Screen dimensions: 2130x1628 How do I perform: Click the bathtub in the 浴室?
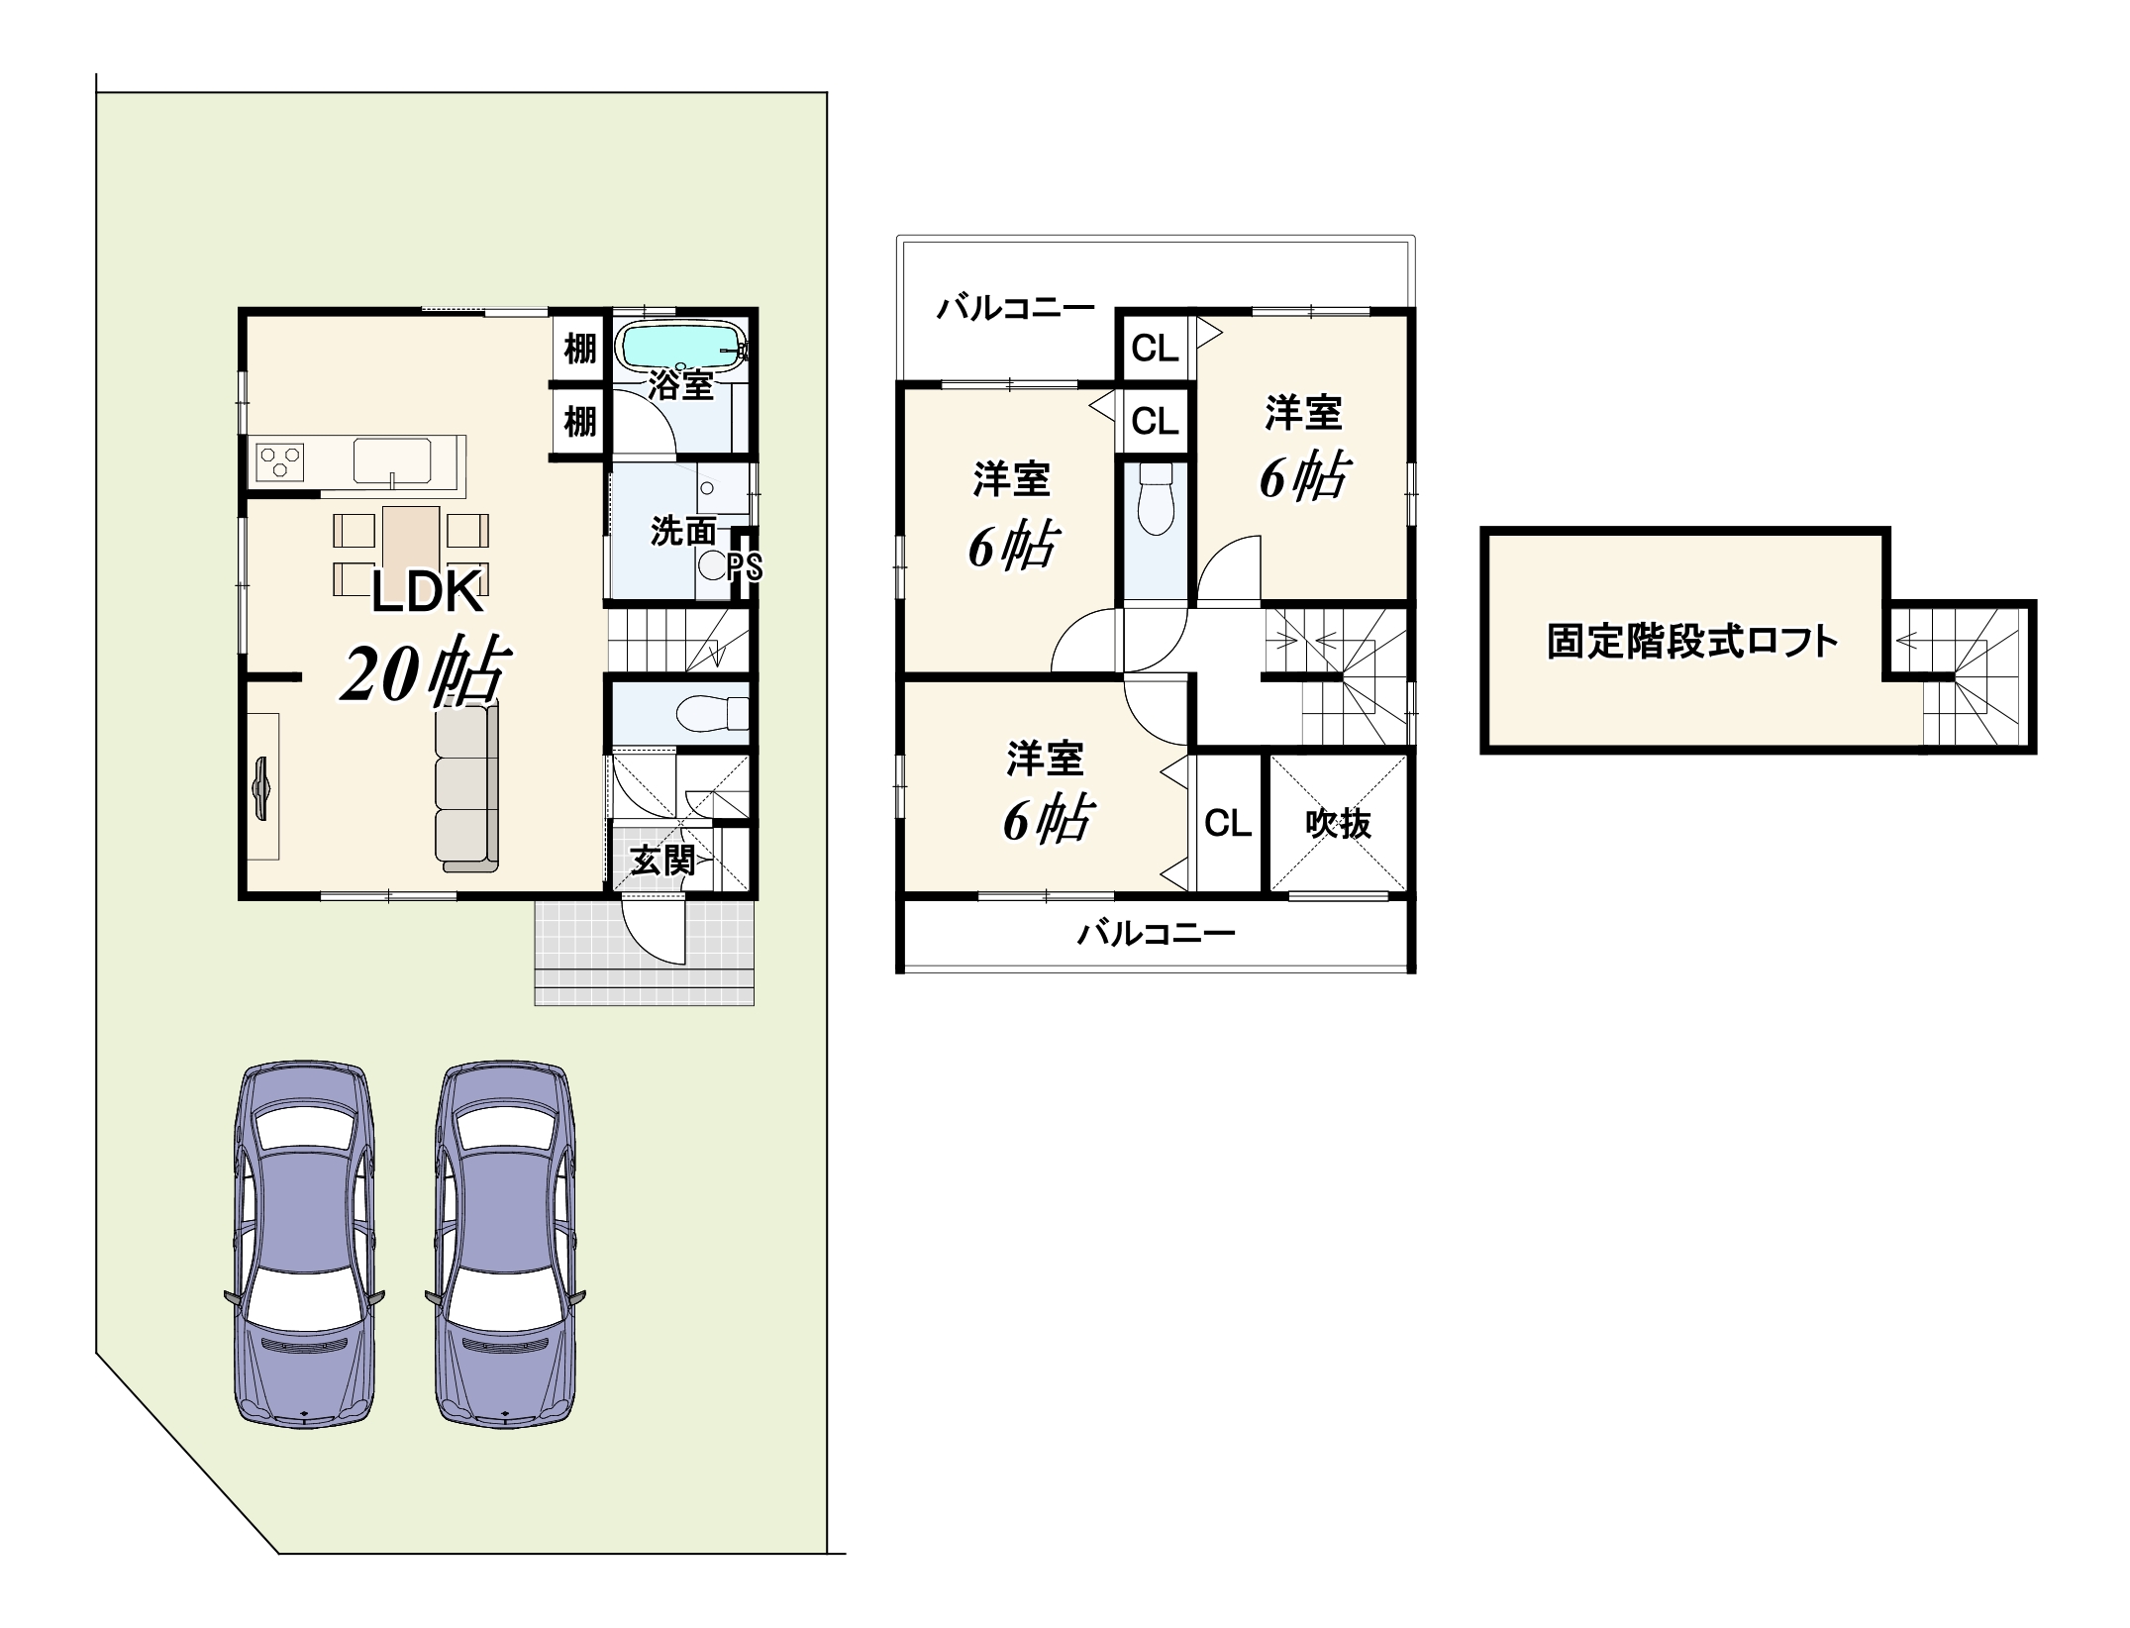(x=681, y=347)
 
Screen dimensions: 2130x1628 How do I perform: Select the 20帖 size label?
(x=427, y=671)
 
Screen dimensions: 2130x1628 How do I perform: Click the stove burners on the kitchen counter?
(x=280, y=462)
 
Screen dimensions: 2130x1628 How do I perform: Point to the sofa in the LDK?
(x=466, y=787)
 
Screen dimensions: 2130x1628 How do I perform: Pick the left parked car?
(x=304, y=1245)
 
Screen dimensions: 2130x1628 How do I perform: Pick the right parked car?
(x=505, y=1245)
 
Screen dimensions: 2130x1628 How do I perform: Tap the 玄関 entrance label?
(x=662, y=860)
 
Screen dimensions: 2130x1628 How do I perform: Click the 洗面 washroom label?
(x=682, y=532)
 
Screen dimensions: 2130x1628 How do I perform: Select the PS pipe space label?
(x=746, y=567)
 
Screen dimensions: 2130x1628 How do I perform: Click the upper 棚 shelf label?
(x=580, y=349)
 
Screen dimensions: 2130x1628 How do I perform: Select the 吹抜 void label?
(x=1339, y=824)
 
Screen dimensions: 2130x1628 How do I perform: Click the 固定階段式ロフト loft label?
(x=1692, y=642)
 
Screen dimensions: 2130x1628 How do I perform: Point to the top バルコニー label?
(x=1016, y=309)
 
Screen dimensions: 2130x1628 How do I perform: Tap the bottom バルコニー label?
(x=1157, y=933)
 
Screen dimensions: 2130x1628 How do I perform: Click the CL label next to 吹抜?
(x=1228, y=823)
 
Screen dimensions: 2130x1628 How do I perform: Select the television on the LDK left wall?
(x=262, y=788)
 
